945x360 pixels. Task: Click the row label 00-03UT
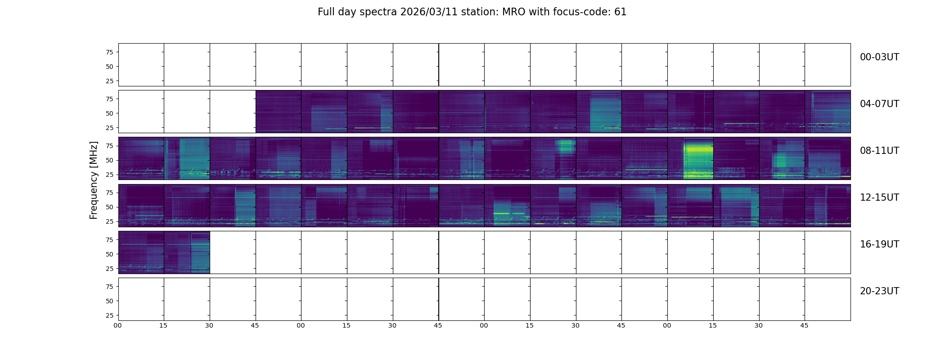point(879,57)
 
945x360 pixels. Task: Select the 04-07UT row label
point(879,104)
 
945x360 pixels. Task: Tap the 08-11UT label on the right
point(879,151)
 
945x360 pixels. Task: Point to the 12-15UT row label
point(879,198)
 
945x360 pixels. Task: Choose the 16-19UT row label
point(879,244)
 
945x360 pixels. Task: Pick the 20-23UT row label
point(879,291)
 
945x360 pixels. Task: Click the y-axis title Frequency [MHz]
point(94,180)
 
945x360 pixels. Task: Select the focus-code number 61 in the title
point(620,12)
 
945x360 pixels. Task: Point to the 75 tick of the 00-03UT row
point(109,52)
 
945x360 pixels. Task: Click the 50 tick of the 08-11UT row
point(109,160)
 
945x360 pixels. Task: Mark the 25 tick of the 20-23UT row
point(109,315)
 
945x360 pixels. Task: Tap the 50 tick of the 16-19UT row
point(109,254)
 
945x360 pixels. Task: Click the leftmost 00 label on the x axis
point(118,325)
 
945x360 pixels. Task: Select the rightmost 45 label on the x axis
point(804,325)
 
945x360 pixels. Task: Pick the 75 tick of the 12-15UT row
point(109,193)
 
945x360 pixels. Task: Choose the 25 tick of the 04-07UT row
point(109,128)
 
